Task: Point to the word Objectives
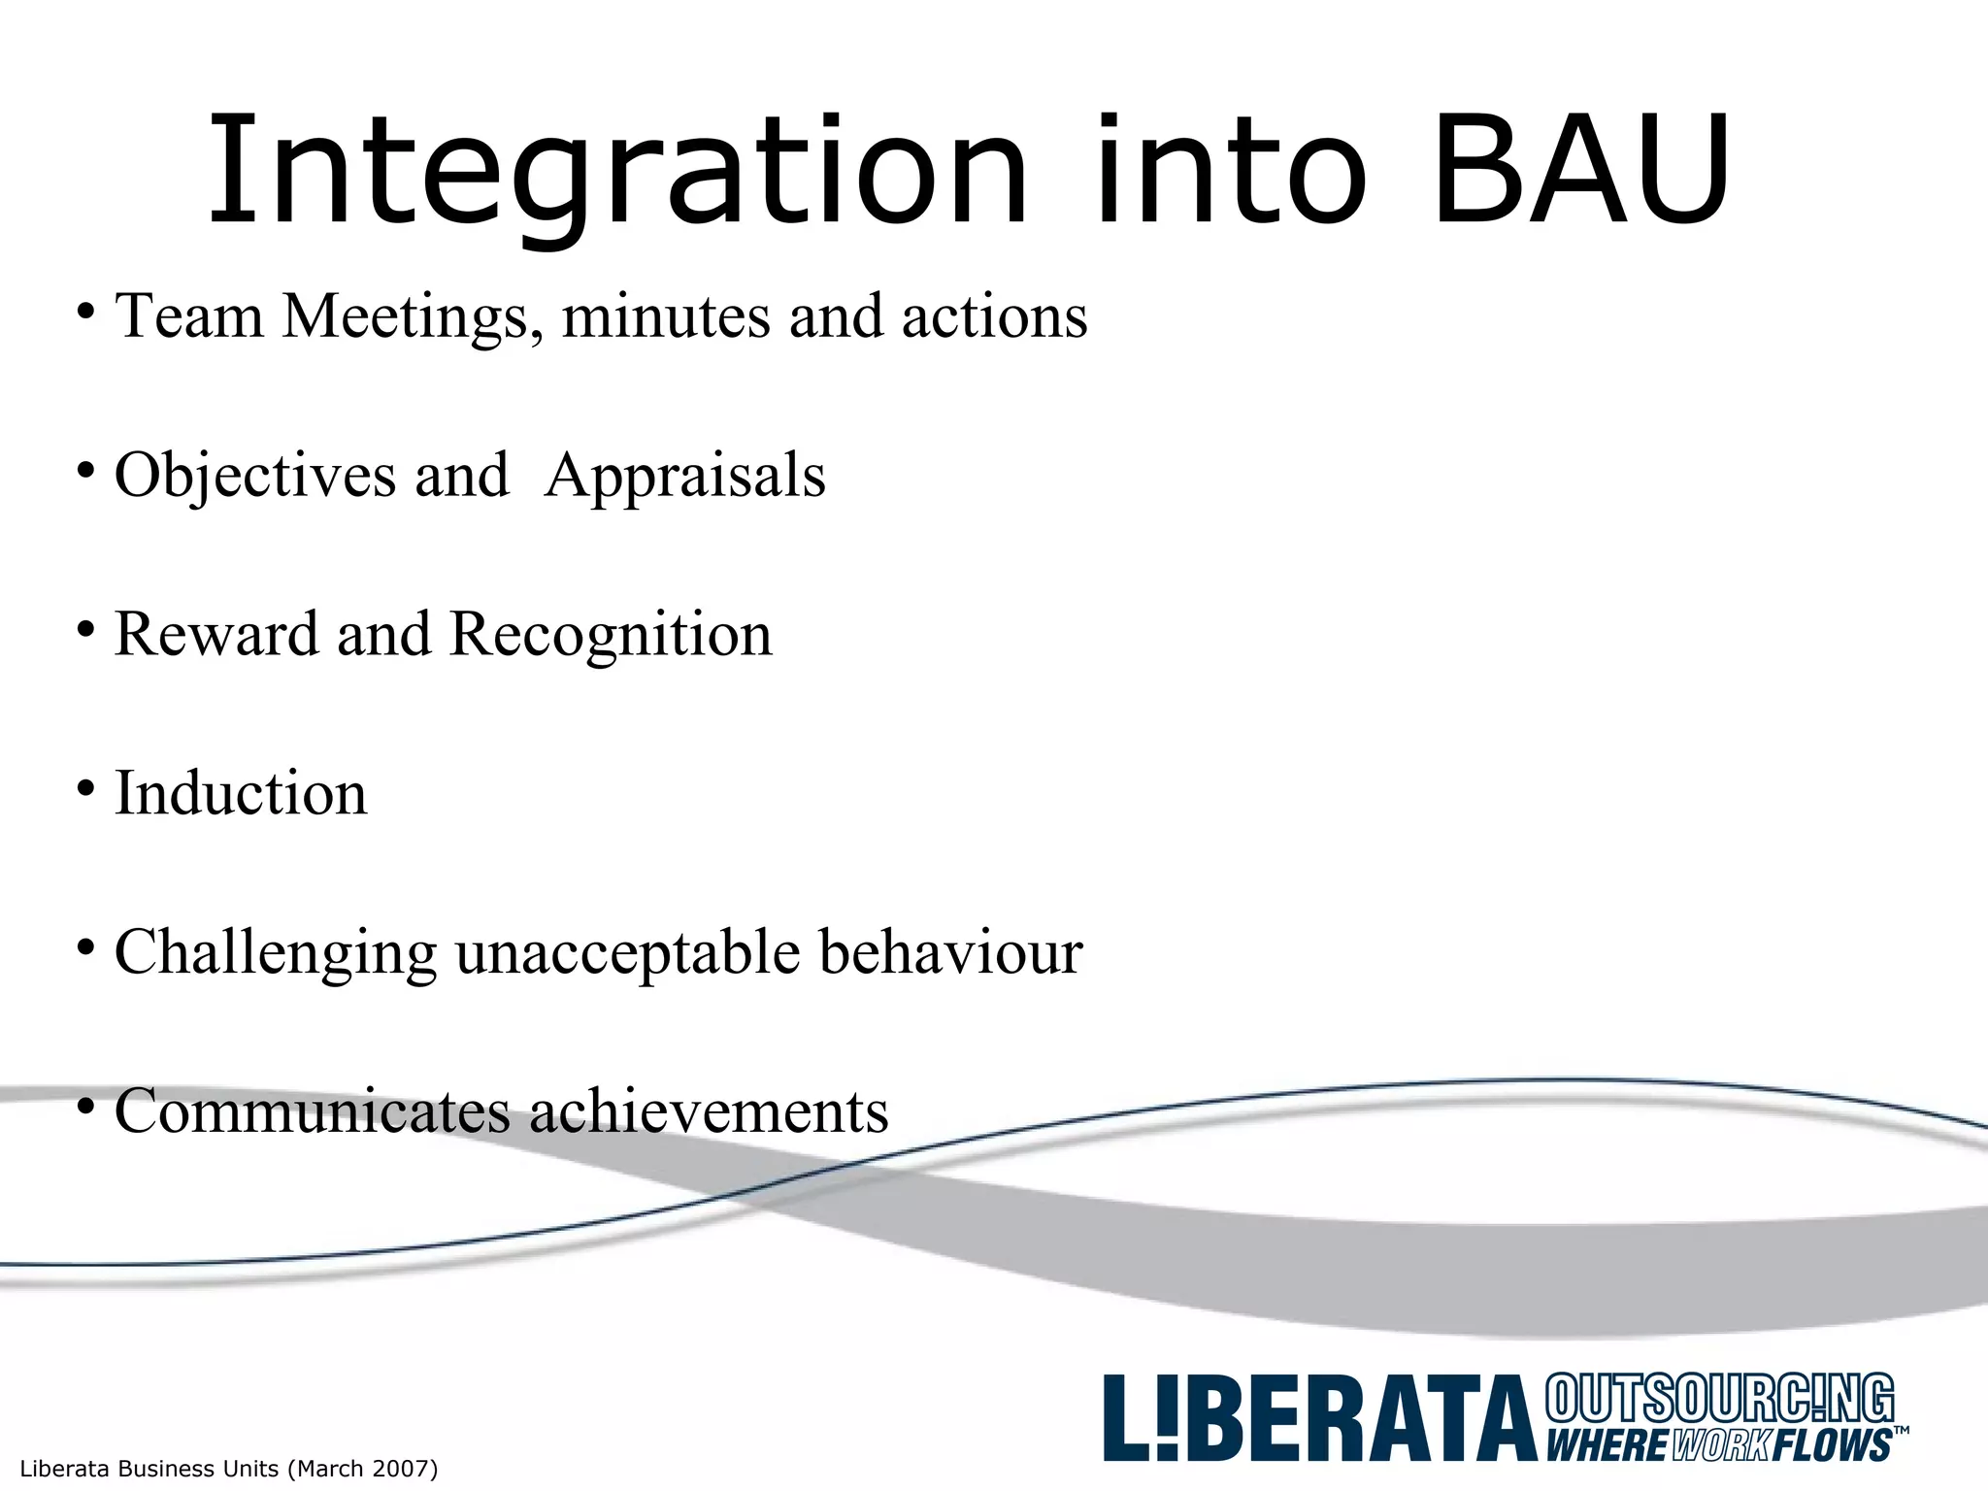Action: point(255,476)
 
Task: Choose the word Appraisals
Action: point(685,476)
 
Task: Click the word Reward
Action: point(216,634)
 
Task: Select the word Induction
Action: point(241,793)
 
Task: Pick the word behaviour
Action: point(950,951)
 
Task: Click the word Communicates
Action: point(312,1110)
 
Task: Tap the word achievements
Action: point(709,1110)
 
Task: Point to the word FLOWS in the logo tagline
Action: point(1831,1445)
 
